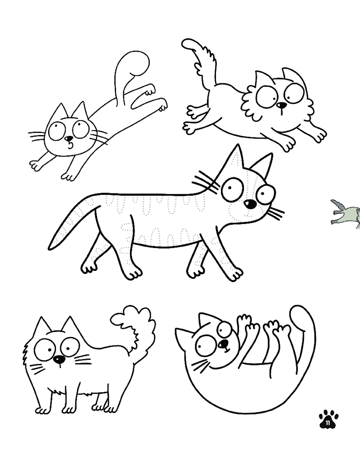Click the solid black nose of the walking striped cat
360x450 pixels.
click(x=250, y=204)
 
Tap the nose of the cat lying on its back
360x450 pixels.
click(x=223, y=344)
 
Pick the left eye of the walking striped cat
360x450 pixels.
click(x=232, y=189)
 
